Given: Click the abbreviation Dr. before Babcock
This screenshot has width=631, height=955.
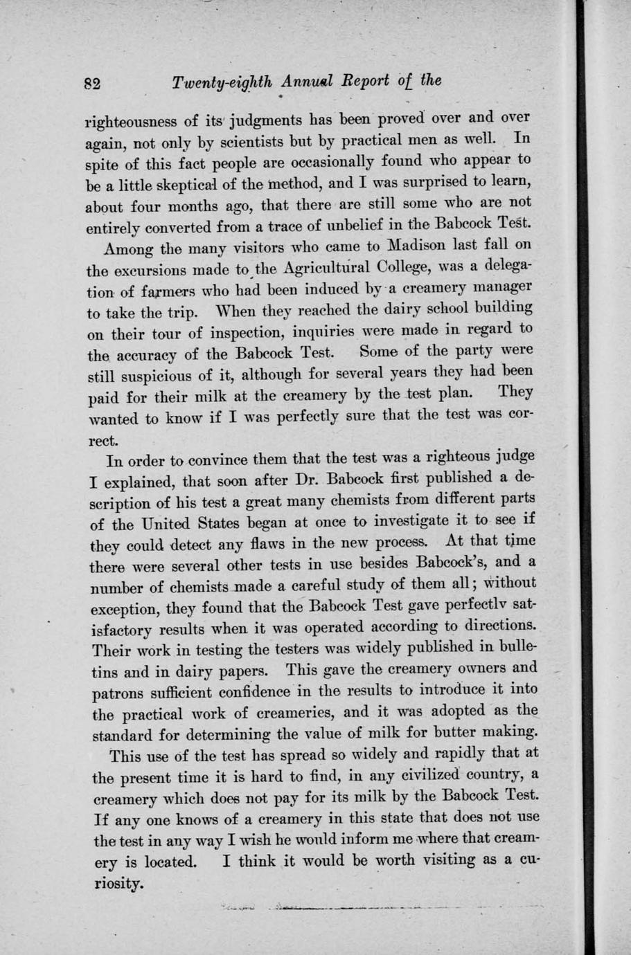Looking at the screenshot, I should coord(305,478).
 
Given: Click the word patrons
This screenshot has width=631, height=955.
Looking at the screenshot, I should coord(118,693).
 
